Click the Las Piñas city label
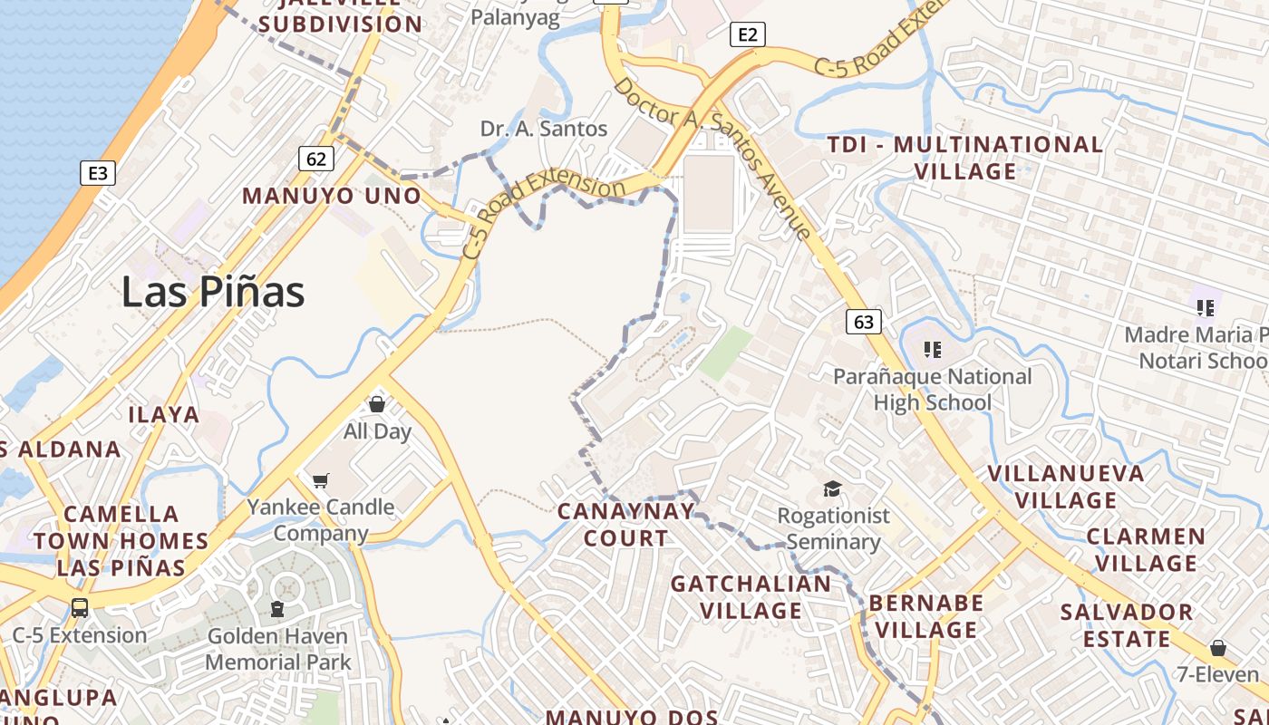[213, 292]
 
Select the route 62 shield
[315, 159]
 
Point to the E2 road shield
[747, 35]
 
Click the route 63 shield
[864, 322]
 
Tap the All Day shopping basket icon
[377, 404]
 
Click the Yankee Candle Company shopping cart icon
[321, 480]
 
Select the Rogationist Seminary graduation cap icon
[832, 489]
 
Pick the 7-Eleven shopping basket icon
[1218, 648]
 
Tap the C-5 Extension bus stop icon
[80, 607]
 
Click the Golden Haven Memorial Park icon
[277, 609]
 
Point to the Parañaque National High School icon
[932, 349]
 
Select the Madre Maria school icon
[1205, 308]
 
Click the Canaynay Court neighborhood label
[625, 524]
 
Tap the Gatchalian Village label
[751, 597]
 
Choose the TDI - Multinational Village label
[965, 158]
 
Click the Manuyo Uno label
[332, 196]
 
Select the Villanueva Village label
[1066, 487]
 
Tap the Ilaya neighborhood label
[163, 415]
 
